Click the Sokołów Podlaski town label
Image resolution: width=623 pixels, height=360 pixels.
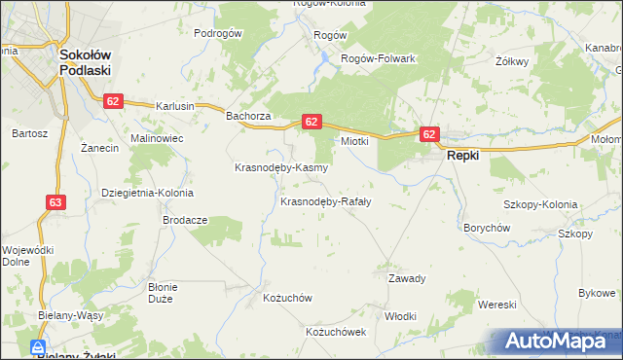(85, 63)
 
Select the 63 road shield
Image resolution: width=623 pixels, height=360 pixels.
(55, 201)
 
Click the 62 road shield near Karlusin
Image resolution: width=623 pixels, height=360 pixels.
(114, 101)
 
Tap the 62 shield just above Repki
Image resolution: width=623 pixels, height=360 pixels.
(430, 133)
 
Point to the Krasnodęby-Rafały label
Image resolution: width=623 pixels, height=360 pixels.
(325, 202)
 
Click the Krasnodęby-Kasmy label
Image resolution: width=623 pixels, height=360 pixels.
(280, 167)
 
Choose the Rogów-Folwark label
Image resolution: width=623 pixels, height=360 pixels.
(378, 58)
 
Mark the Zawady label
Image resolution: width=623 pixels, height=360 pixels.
(408, 278)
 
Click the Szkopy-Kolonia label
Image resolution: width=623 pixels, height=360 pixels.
(540, 204)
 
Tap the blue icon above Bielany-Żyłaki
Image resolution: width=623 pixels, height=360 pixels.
(38, 347)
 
